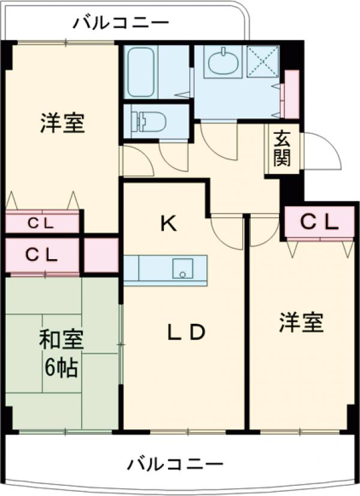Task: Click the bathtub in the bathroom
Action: coord(142,71)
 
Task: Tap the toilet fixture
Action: coord(149,122)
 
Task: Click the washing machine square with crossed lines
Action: coord(262,61)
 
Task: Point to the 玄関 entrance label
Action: coord(282,149)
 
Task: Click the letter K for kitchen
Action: coord(168,224)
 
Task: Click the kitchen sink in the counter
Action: coord(182,268)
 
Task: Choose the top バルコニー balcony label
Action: coord(121,24)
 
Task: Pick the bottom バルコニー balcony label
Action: coord(175,464)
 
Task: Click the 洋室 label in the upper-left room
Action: coord(62,123)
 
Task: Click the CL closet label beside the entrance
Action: coord(319,223)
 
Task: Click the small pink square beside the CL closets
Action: coord(100,255)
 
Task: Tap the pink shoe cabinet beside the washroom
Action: coord(292,94)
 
